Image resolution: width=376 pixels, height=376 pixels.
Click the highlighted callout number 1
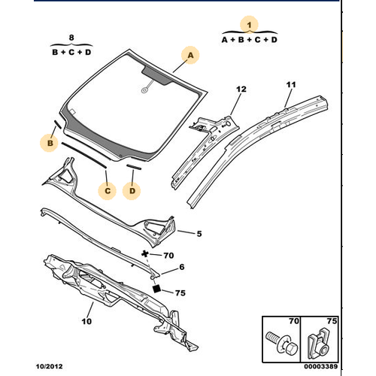(249, 25)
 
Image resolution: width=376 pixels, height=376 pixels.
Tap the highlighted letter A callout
(190, 55)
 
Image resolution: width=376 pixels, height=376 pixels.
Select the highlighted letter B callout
(50, 143)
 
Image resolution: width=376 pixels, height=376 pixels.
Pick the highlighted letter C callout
(108, 191)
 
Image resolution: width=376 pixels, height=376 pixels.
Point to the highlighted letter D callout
(132, 191)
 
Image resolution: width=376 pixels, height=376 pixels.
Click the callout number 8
(71, 38)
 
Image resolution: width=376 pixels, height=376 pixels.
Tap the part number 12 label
(241, 89)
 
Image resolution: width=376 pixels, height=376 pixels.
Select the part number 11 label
(291, 85)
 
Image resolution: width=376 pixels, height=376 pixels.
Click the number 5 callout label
(199, 234)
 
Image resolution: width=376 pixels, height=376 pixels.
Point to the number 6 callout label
(182, 267)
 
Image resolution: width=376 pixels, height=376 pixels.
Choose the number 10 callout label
(86, 321)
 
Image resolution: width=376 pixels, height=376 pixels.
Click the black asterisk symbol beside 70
(144, 254)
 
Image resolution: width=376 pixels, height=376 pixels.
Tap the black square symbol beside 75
(157, 289)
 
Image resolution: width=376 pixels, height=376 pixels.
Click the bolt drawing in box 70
(281, 343)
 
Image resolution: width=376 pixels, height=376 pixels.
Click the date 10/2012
(50, 366)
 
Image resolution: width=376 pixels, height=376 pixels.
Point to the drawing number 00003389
(321, 366)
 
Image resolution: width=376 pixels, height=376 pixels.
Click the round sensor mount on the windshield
(144, 90)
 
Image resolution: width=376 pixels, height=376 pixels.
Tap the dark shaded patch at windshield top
(156, 74)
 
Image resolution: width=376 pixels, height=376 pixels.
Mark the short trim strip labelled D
(134, 167)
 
